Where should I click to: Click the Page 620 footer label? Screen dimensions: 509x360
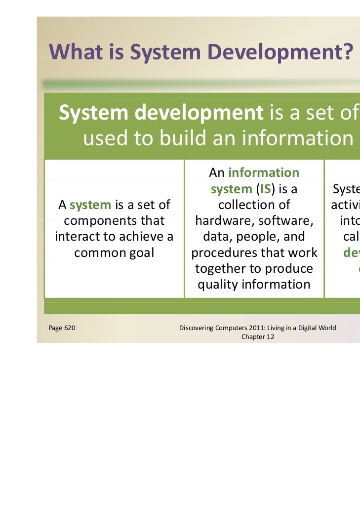(62, 328)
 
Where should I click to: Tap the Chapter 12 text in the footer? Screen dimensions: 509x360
(257, 337)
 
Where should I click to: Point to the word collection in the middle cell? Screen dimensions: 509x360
(254, 205)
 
